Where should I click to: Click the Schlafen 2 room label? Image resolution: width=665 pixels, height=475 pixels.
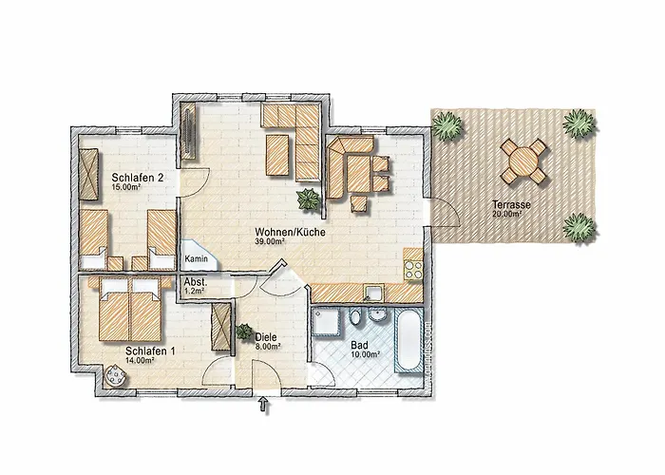tap(138, 178)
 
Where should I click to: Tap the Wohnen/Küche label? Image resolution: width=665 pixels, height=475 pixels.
tap(290, 233)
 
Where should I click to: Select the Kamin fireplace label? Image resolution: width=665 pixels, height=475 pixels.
tap(197, 258)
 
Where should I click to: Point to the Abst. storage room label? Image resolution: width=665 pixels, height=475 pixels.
tap(196, 282)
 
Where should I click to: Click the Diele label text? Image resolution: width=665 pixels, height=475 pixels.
tap(266, 337)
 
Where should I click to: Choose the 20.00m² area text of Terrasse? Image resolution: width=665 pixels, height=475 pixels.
tap(506, 214)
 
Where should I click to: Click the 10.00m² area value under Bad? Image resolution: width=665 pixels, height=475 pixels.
tap(365, 354)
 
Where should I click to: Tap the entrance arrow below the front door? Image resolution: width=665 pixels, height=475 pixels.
tap(264, 404)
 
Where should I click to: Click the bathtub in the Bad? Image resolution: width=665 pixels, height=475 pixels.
tap(408, 341)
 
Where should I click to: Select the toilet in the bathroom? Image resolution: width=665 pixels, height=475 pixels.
tap(356, 316)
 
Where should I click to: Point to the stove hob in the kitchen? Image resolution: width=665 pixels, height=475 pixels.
tap(413, 269)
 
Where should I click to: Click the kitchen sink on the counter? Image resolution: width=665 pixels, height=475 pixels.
tap(373, 293)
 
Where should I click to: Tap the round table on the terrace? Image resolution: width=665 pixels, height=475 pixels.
tap(522, 162)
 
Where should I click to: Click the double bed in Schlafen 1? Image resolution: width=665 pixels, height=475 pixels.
tap(129, 309)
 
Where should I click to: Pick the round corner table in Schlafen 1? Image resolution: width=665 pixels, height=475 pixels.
tap(115, 375)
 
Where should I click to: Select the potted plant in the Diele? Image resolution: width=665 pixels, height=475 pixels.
tap(244, 332)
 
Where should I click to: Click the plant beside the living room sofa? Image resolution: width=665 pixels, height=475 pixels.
tap(308, 198)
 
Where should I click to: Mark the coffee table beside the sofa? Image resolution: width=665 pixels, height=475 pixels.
tap(277, 154)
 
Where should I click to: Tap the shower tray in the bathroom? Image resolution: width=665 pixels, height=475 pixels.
tap(325, 321)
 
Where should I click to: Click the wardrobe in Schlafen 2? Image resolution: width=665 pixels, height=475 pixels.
tap(90, 174)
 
